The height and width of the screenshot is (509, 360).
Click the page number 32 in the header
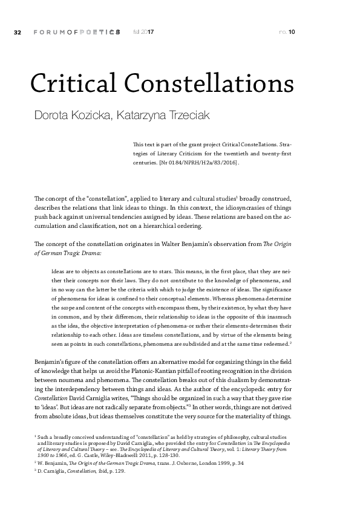click(17, 31)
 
